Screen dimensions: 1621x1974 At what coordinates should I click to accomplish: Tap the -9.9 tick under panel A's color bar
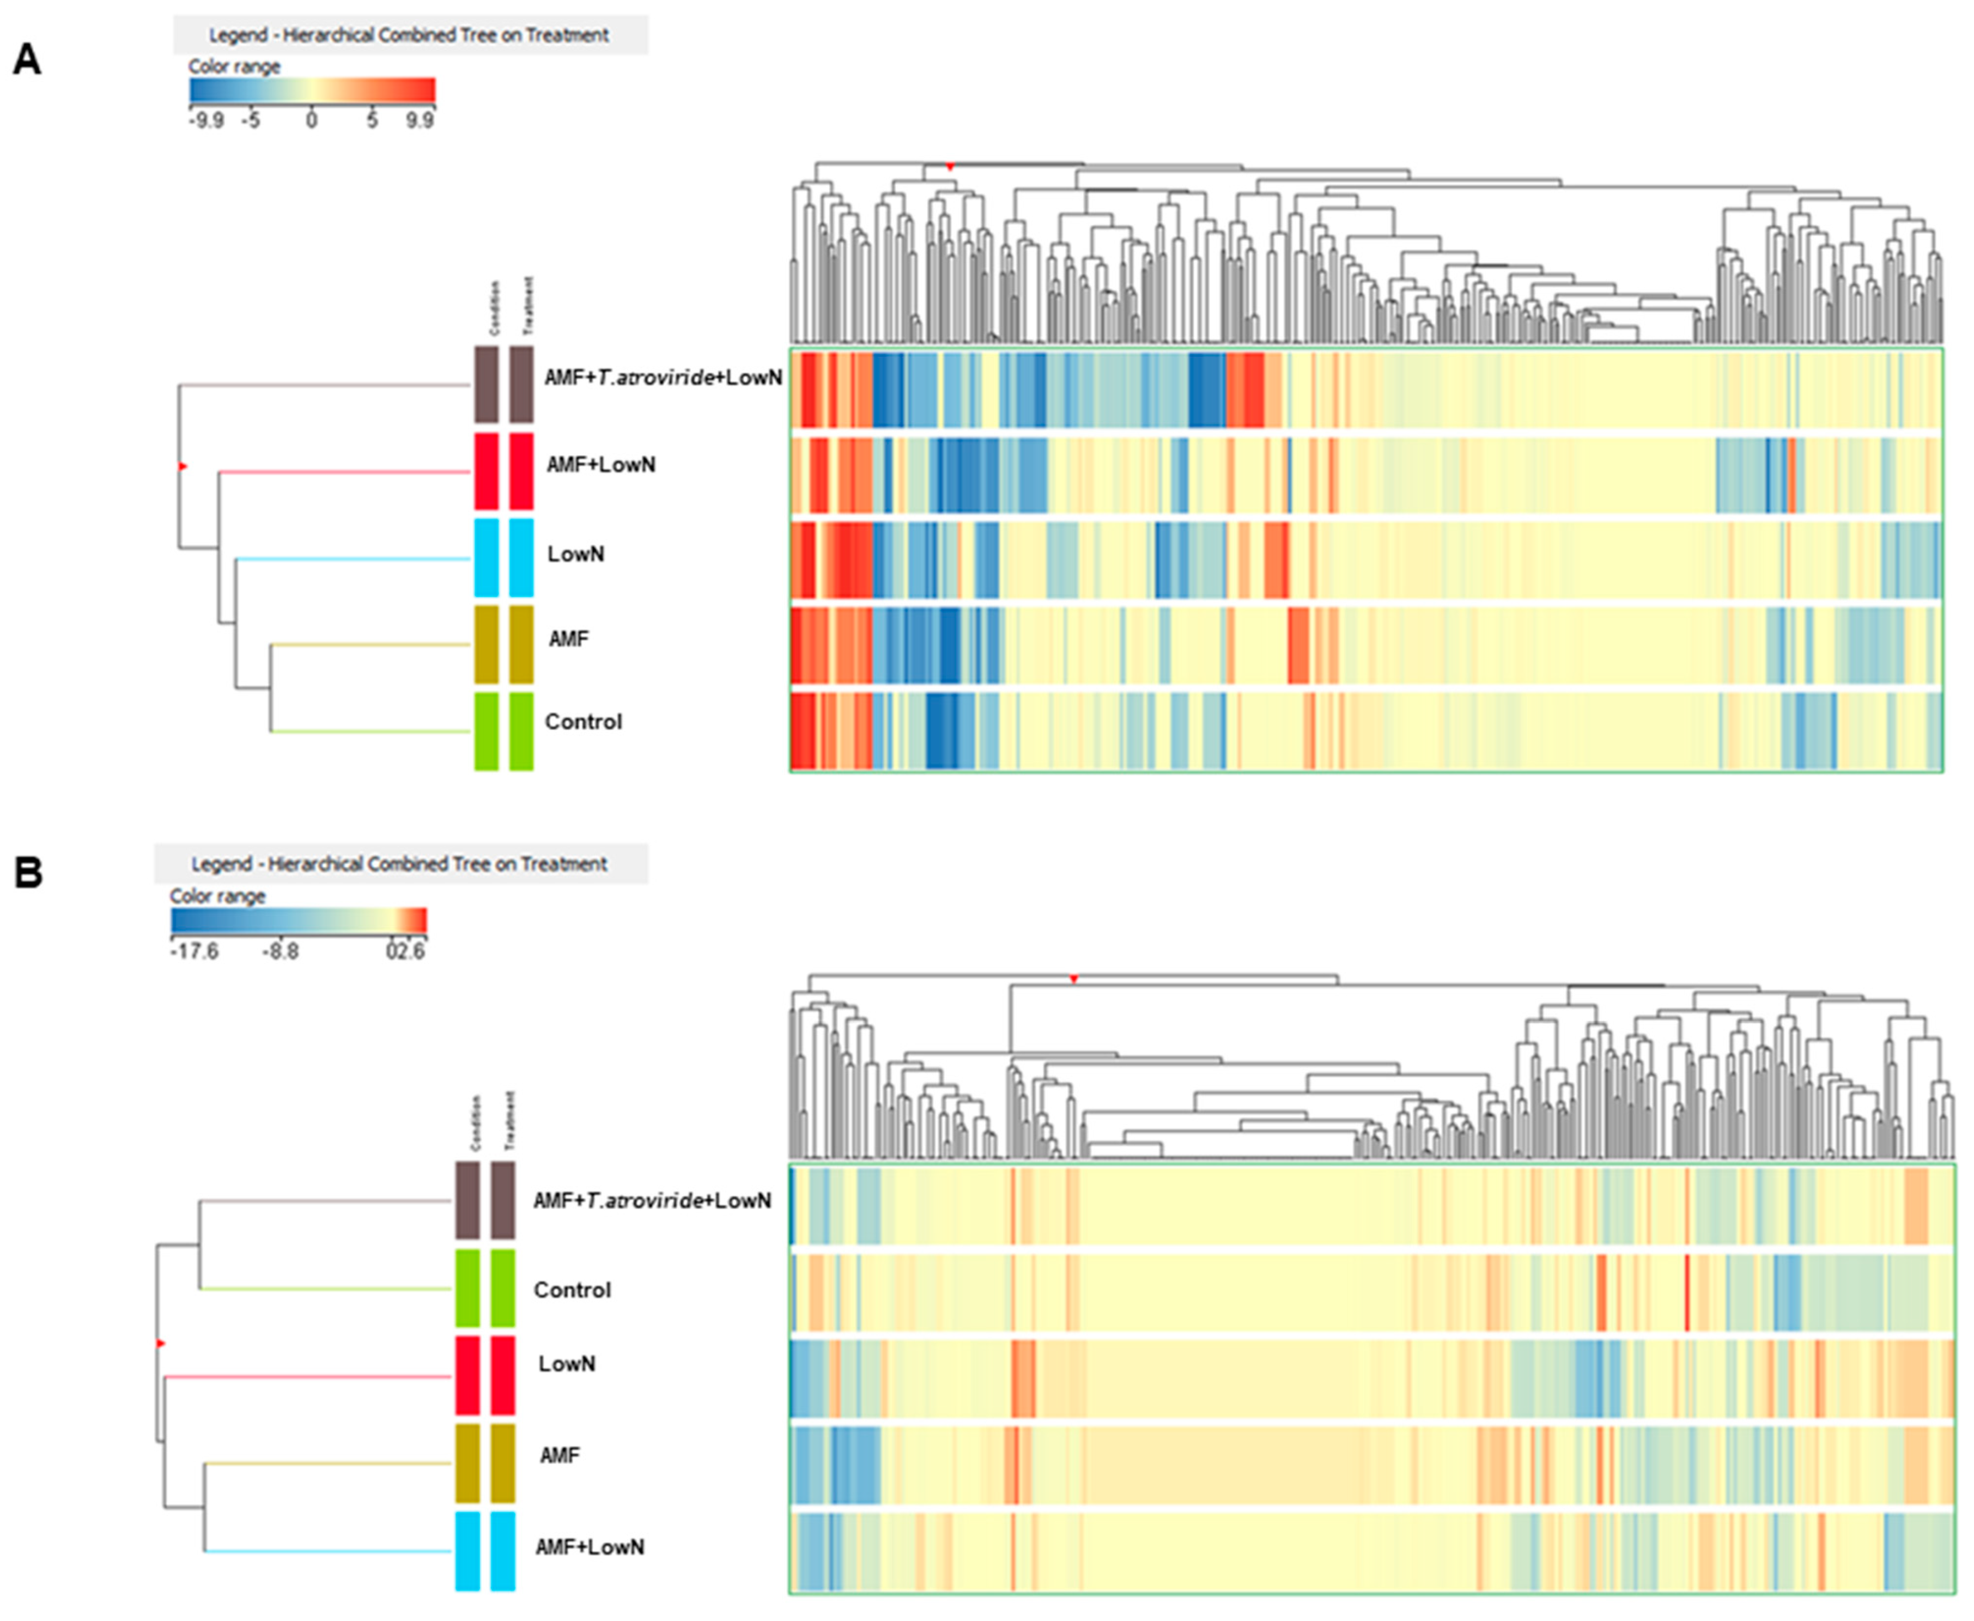[205, 120]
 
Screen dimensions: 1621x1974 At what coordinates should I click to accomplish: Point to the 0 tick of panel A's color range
[312, 120]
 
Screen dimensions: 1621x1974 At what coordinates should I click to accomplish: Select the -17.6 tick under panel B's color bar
[194, 951]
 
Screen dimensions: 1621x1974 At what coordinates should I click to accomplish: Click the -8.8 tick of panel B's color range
[280, 951]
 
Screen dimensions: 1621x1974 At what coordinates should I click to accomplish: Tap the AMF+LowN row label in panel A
[600, 465]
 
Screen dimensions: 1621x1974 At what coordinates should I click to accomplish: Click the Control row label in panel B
[572, 1290]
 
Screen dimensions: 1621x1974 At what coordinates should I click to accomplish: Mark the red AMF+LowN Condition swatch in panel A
[485, 471]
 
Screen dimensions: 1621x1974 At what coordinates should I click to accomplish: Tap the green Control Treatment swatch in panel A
[521, 731]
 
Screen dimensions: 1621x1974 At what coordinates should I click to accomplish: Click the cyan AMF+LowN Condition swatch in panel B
[467, 1551]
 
